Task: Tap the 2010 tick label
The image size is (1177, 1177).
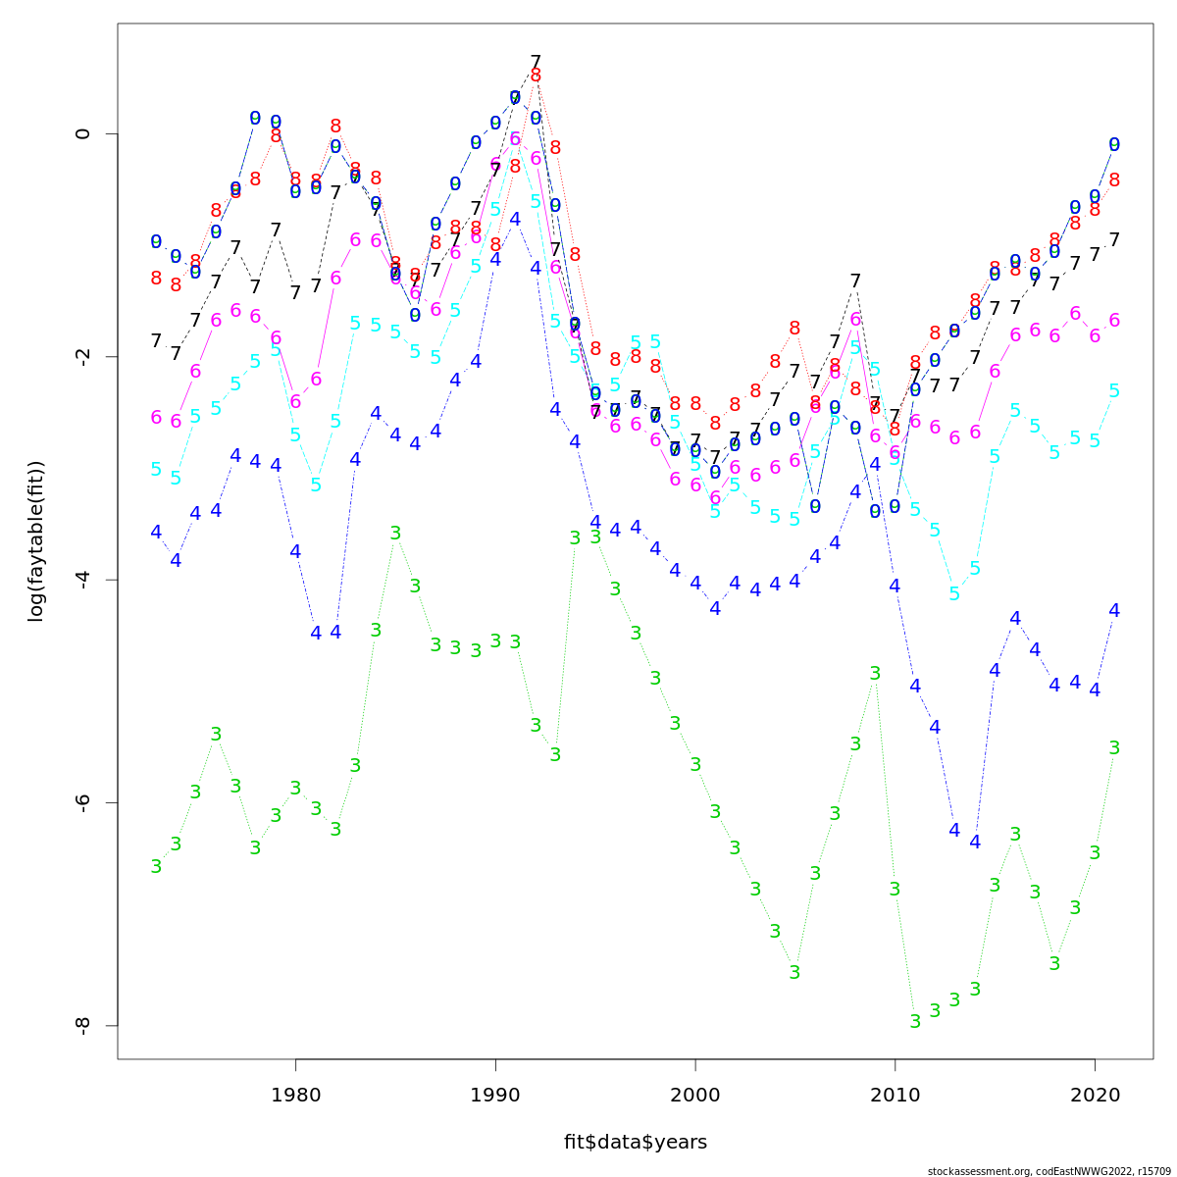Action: pyautogui.click(x=895, y=1095)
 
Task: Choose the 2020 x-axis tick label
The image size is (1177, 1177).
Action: pyautogui.click(x=1095, y=1095)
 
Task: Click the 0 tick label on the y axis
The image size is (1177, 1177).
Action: pyautogui.click(x=83, y=133)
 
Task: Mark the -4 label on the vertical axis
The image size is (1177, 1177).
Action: pyautogui.click(x=83, y=579)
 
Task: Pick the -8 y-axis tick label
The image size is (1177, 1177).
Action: pyautogui.click(x=83, y=1025)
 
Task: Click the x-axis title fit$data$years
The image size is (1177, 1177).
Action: pyautogui.click(x=635, y=1143)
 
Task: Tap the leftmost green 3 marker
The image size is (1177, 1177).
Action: pyautogui.click(x=156, y=867)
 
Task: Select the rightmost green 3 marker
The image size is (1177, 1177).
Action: pyautogui.click(x=1114, y=748)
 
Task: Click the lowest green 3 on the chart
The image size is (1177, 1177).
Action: pyautogui.click(x=915, y=1022)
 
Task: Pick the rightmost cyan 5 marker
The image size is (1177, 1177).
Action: pyautogui.click(x=1114, y=391)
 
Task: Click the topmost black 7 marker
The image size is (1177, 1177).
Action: pyautogui.click(x=536, y=63)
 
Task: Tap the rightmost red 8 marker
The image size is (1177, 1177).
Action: pyautogui.click(x=1114, y=180)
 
